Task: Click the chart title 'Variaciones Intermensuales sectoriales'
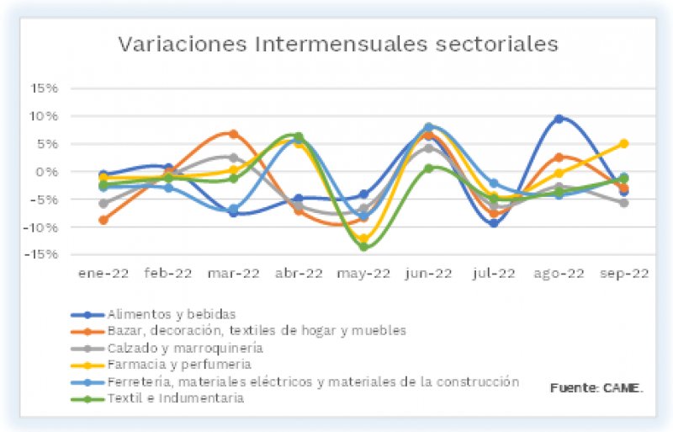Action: tap(337, 44)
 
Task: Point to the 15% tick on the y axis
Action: tap(44, 88)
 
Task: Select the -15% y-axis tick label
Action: tap(41, 254)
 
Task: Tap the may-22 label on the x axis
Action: tap(363, 273)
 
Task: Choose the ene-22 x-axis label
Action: tap(103, 273)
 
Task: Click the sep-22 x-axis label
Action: tap(623, 273)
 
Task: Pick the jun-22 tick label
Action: tap(428, 273)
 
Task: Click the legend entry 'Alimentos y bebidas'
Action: tap(167, 315)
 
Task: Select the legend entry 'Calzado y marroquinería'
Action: tap(185, 347)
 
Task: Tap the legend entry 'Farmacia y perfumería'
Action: tap(178, 364)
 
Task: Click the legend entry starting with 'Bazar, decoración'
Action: tap(257, 330)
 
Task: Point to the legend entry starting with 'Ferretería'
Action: tap(313, 381)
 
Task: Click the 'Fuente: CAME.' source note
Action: tap(596, 387)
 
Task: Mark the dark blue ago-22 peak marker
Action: tap(559, 119)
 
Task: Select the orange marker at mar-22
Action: tap(233, 134)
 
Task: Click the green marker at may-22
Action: tap(363, 246)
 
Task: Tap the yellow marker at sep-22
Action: tap(623, 143)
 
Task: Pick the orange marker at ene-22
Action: tap(103, 220)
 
